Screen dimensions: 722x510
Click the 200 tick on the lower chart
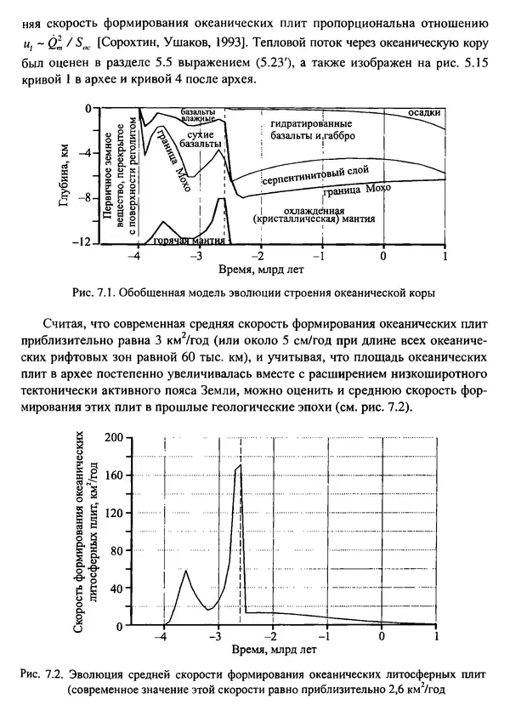tap(112, 437)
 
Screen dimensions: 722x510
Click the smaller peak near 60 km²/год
tap(186, 571)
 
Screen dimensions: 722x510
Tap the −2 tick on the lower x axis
tap(273, 636)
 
